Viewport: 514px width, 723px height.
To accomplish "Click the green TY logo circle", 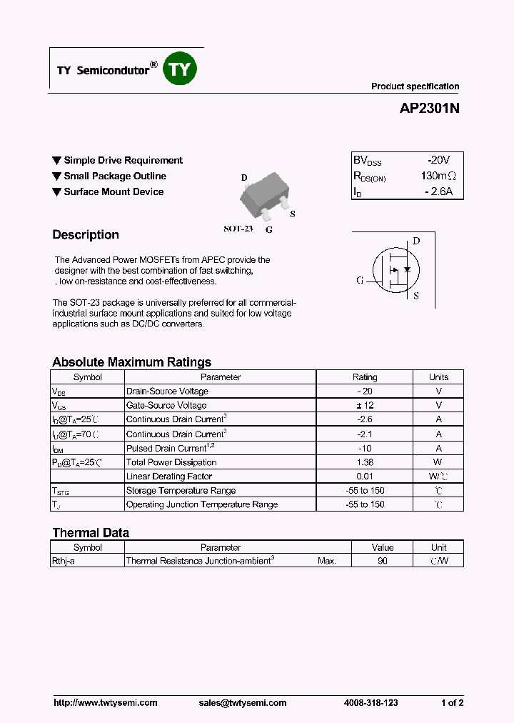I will point(181,69).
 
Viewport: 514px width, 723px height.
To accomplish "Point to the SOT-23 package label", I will point(238,229).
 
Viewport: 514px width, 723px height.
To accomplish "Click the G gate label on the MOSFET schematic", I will point(360,280).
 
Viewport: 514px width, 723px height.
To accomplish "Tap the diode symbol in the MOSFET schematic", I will point(407,270).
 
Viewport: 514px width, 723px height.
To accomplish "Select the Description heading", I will point(86,235).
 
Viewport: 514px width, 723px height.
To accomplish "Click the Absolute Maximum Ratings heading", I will point(131,362).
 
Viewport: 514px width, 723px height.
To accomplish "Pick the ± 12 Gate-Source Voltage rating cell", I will point(365,405).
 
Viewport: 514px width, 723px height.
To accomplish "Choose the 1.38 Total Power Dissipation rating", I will point(365,462).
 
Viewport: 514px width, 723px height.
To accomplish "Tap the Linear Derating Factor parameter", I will point(169,477).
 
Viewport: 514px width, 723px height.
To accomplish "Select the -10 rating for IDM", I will point(365,448).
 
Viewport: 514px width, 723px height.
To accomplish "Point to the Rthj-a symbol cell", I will point(64,562).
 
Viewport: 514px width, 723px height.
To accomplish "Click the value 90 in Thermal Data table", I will point(383,562).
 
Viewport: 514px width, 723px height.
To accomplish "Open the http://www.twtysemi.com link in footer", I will point(106,703).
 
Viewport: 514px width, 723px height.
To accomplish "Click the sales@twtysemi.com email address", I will point(243,703).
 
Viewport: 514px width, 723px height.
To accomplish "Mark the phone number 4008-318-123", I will point(370,703).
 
